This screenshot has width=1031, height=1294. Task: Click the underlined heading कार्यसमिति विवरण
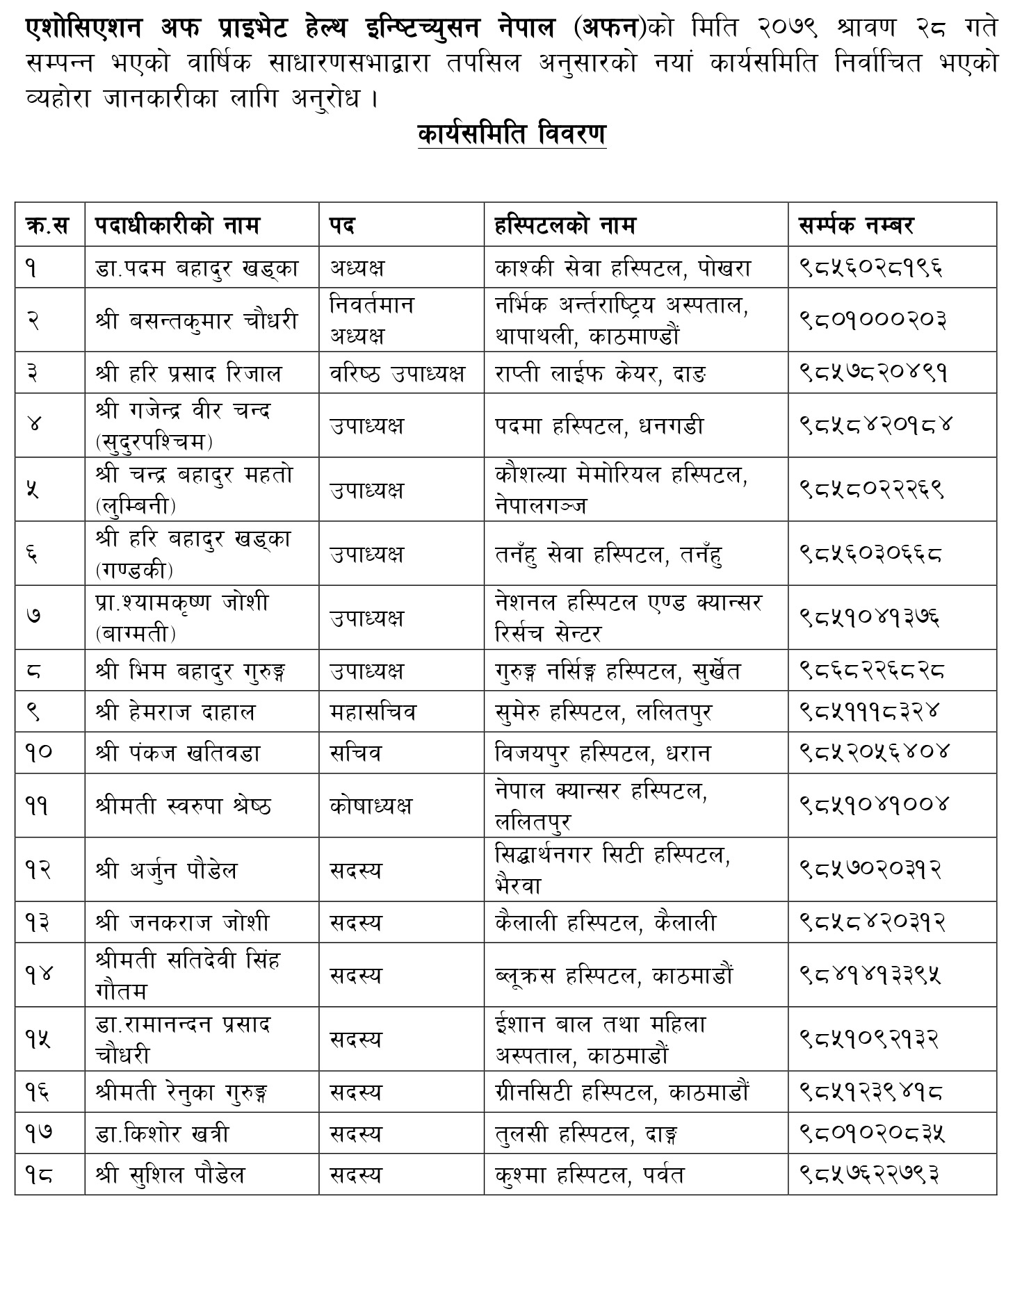[512, 134]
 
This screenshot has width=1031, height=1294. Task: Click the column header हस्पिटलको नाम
[565, 225]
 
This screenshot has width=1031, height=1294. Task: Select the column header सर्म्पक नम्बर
[855, 225]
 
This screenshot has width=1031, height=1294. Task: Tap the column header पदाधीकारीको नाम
[177, 225]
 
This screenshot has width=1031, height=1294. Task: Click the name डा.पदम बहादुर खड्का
[197, 268]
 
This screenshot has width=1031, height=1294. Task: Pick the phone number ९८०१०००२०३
[872, 320]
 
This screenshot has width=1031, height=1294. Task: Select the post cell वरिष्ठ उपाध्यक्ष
[397, 374]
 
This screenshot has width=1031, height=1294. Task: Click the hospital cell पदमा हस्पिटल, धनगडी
[599, 425]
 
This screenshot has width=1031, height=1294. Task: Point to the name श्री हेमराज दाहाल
[175, 712]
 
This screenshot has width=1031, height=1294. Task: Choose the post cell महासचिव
[373, 712]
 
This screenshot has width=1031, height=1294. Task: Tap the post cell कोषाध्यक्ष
[371, 806]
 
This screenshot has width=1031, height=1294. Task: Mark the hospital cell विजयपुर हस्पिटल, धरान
[603, 753]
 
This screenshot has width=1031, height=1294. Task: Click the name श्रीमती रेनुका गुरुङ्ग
[181, 1092]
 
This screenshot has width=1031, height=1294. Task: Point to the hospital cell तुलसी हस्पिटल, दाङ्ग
[587, 1134]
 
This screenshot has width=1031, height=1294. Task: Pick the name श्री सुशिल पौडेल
[170, 1175]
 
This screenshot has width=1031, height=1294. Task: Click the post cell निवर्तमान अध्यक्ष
[372, 320]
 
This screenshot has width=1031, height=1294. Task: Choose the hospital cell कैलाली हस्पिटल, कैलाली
[606, 923]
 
